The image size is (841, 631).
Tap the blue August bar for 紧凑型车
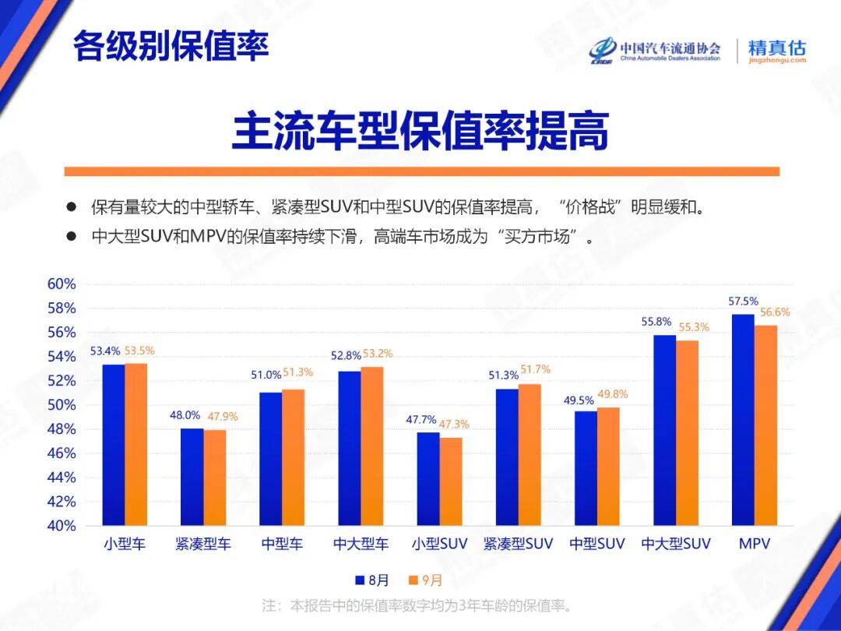[192, 476]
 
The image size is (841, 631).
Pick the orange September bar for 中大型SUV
[688, 432]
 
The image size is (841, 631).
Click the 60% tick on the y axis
[62, 284]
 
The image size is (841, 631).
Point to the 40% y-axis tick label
[62, 526]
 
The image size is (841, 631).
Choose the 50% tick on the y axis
[62, 405]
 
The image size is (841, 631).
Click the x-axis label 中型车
[282, 545]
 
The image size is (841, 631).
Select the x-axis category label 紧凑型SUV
[518, 545]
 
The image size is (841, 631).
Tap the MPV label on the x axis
[754, 545]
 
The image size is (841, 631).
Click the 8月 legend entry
[372, 580]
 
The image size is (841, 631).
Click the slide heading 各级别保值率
[171, 47]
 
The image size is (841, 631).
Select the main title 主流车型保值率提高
[420, 132]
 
